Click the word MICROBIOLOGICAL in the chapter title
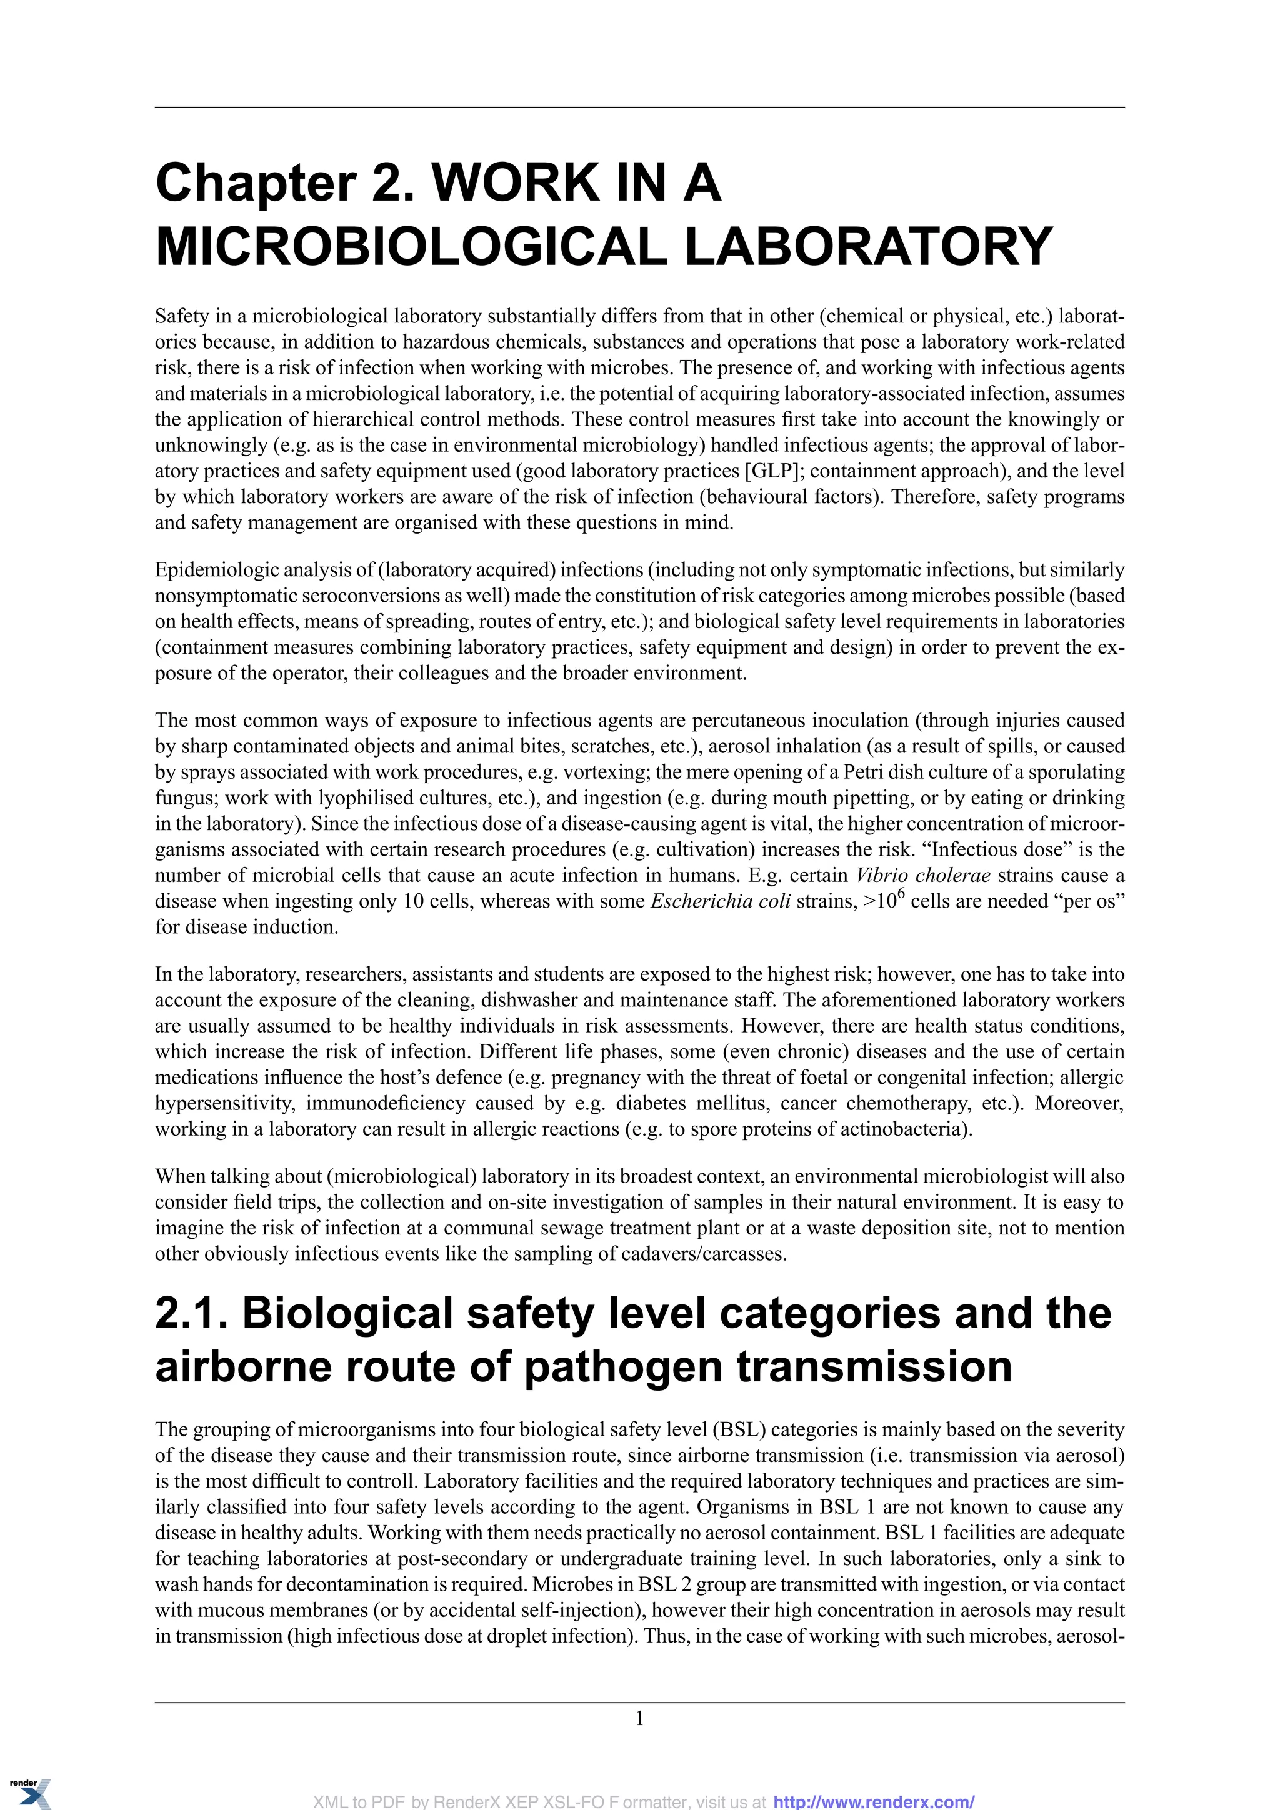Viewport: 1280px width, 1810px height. (x=413, y=246)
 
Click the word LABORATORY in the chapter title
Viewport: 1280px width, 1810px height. (x=869, y=246)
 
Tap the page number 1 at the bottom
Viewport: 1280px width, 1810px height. (x=639, y=1717)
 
